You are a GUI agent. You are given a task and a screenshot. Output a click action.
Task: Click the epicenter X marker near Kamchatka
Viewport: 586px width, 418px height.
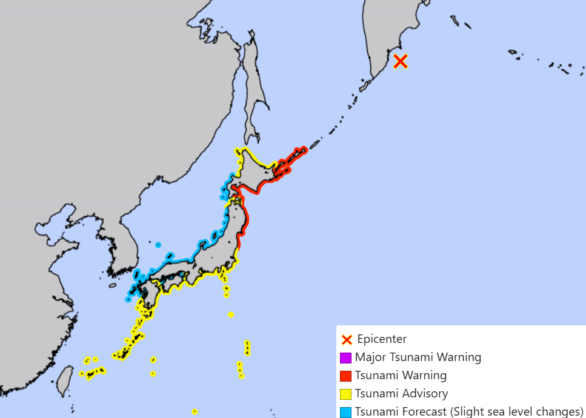(x=400, y=61)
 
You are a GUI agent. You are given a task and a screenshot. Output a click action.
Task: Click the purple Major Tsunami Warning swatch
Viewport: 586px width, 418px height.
(x=346, y=357)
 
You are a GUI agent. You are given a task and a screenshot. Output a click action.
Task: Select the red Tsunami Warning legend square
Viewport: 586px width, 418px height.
(x=346, y=376)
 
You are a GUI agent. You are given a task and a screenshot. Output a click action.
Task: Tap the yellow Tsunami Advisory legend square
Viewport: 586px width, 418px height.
(x=346, y=394)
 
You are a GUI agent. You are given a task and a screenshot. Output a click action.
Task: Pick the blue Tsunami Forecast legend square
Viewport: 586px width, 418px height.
(x=346, y=412)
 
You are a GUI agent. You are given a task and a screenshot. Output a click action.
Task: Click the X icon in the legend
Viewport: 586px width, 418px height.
(x=347, y=339)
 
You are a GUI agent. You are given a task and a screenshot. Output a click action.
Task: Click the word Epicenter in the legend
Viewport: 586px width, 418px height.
(x=382, y=339)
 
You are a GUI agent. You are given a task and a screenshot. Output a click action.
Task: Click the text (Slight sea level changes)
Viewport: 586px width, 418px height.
(x=516, y=412)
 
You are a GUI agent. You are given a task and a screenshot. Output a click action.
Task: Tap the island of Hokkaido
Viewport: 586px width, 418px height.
(x=261, y=173)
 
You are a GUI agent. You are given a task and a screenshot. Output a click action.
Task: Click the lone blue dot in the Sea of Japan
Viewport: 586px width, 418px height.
(x=158, y=245)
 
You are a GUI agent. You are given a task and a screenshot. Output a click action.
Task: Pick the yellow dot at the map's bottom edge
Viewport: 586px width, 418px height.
(x=195, y=411)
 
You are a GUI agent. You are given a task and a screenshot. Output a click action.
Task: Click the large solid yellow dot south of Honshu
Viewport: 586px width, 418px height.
(x=231, y=314)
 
